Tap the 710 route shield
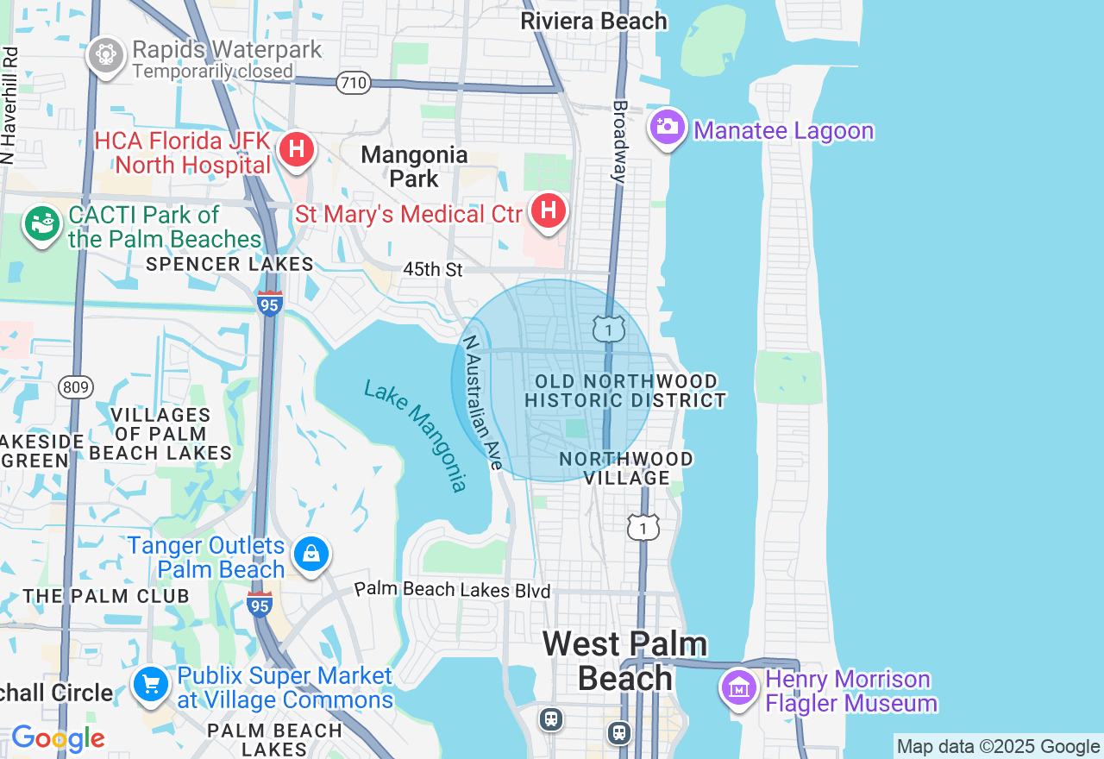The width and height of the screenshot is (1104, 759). click(354, 84)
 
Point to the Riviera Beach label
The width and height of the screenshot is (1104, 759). click(593, 21)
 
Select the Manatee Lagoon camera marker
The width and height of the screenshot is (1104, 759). click(667, 128)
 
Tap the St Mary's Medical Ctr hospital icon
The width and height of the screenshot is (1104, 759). click(548, 210)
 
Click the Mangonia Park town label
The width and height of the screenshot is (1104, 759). click(415, 166)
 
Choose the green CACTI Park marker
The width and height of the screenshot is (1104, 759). click(42, 223)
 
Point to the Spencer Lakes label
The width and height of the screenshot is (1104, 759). click(229, 264)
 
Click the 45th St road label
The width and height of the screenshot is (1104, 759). click(433, 270)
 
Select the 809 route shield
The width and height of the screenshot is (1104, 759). click(76, 387)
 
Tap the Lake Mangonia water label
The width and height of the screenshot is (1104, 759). click(416, 435)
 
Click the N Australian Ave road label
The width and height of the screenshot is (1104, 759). click(483, 402)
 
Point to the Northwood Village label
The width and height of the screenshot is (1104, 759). click(626, 468)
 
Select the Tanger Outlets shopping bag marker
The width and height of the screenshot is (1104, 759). click(310, 554)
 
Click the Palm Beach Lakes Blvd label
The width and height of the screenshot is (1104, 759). click(453, 591)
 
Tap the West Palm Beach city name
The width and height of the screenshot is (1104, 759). click(624, 661)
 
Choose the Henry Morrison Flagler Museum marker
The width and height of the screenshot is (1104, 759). click(739, 688)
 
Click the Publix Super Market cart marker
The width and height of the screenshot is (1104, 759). click(151, 685)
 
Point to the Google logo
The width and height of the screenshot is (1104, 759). click(58, 739)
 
